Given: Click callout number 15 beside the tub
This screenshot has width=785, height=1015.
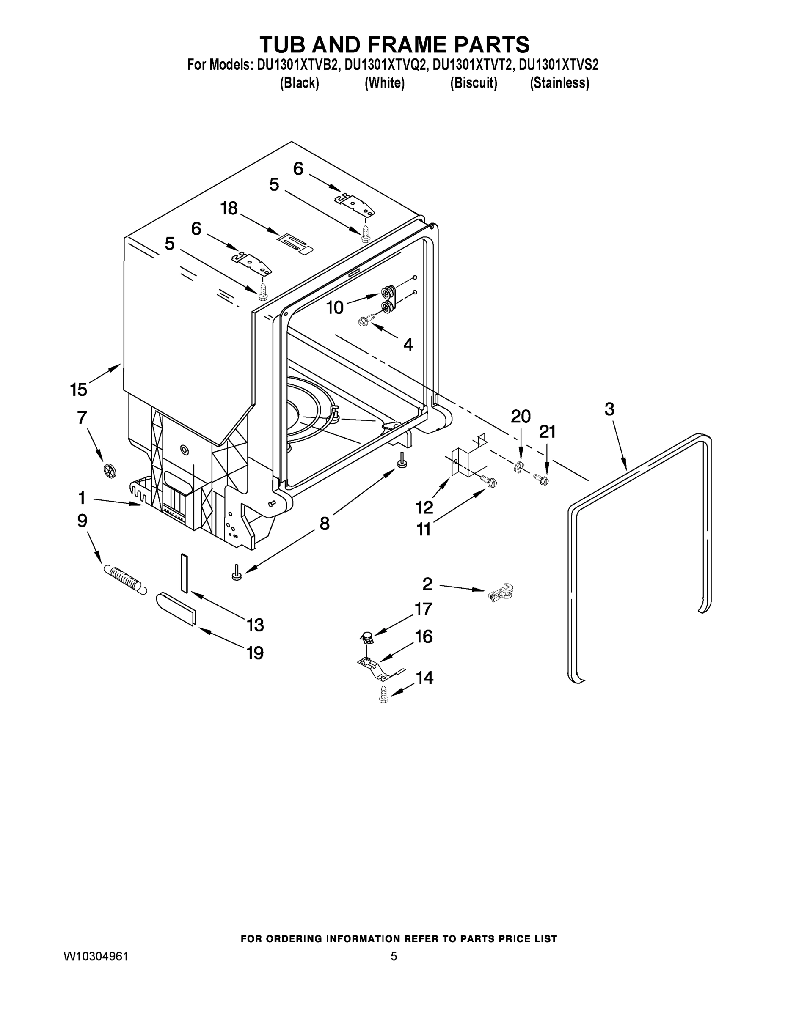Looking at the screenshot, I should click(x=79, y=389).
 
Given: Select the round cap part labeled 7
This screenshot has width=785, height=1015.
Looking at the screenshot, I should click(x=109, y=471).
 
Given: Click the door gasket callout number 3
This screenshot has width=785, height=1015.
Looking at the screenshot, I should click(x=609, y=409).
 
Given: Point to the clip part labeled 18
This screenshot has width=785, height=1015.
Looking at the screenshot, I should click(x=295, y=243).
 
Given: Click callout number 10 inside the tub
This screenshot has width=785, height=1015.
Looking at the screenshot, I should click(x=334, y=307).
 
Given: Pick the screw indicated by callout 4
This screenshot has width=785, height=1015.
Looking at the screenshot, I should click(x=367, y=319).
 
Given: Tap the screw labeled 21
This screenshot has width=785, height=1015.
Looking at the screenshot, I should click(x=541, y=478).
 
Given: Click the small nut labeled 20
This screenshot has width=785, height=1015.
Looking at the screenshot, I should click(x=518, y=466).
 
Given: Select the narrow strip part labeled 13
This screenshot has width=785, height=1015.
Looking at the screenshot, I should click(x=184, y=573).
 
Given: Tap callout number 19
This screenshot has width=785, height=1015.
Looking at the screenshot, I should click(x=255, y=653).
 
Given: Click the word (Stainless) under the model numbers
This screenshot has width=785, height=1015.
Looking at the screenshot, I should click(x=559, y=83).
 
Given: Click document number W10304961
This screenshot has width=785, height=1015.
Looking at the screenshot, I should click(x=96, y=956).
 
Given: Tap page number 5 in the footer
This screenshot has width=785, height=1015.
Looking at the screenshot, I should click(x=394, y=956).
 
